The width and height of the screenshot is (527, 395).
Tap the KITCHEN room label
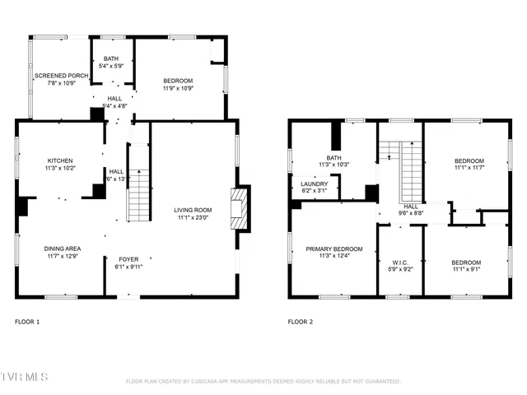(x=59, y=160)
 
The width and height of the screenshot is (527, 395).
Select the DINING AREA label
(x=62, y=248)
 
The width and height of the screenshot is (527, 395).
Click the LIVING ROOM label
(x=193, y=210)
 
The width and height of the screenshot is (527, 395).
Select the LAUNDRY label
(x=314, y=184)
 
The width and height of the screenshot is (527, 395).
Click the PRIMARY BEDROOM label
(x=333, y=249)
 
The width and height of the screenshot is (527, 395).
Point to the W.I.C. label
(x=399, y=263)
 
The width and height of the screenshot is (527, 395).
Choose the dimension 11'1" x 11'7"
(x=469, y=168)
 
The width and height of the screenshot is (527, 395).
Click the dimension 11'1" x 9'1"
(x=465, y=269)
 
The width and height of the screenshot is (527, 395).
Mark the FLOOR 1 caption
(x=27, y=321)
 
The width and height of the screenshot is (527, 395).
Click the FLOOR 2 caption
(x=301, y=321)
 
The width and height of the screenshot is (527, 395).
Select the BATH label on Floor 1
(x=110, y=58)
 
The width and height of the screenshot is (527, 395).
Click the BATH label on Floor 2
(x=333, y=157)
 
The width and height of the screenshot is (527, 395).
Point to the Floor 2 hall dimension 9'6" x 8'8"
(x=411, y=213)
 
